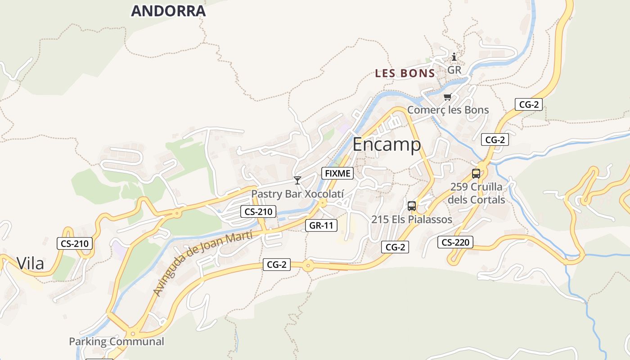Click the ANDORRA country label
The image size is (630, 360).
coord(168,11)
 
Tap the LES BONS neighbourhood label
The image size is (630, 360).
coord(405,73)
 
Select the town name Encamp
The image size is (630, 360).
coord(387,144)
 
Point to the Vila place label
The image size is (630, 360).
coord(31,263)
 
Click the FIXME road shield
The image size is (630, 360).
coord(337,173)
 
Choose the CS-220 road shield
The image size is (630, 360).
coord(455,243)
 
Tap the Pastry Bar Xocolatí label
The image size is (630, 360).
coord(297,194)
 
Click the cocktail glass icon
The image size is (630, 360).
coord(297,180)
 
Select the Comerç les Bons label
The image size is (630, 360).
coord(448,110)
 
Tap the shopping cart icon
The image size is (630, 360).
coord(447,97)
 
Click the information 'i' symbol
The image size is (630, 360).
coord(454,57)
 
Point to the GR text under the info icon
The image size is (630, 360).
coord(454,70)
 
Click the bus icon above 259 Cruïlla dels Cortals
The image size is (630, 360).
coord(476,173)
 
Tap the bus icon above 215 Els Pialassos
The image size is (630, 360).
coord(412,206)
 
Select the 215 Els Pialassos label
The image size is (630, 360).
coord(412,220)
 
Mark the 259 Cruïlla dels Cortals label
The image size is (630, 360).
coord(477,193)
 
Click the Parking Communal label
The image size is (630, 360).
coord(117,342)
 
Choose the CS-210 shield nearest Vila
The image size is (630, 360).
coord(75,244)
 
